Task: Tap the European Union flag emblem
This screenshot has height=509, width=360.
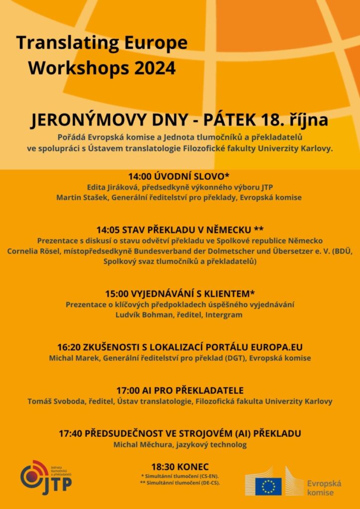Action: tap(269, 486)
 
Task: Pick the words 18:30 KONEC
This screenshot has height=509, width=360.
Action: tap(180, 467)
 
